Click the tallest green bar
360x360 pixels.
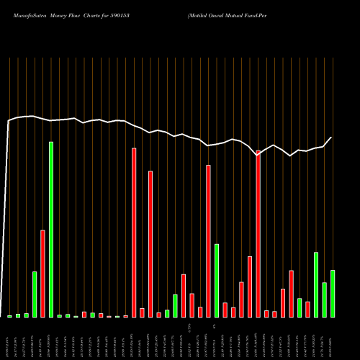pos(51,230)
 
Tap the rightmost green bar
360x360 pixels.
pos(333,294)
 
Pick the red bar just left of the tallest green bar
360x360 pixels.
pos(42,274)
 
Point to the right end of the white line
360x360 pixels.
pos(332,137)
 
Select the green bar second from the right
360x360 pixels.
pos(324,300)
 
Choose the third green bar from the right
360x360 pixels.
pos(316,284)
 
